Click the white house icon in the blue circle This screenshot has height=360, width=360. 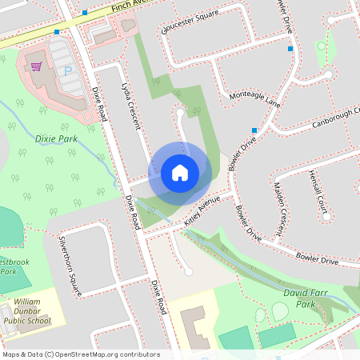[x=179, y=172]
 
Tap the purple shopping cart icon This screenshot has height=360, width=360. [x=36, y=66]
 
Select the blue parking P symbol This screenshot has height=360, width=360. [x=67, y=71]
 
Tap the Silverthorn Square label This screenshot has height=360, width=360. [x=67, y=265]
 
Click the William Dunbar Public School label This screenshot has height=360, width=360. [x=31, y=311]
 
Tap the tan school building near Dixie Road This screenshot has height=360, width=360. [x=193, y=328]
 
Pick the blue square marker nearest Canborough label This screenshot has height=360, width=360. [x=254, y=130]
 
